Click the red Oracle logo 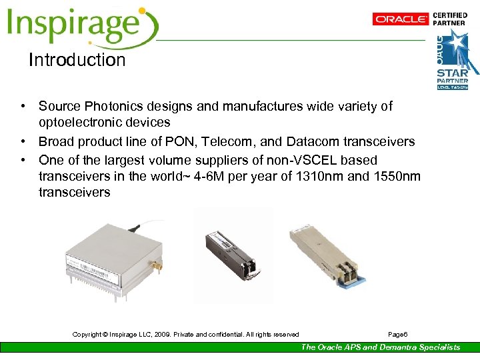(400, 19)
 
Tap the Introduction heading (77, 60)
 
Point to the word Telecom (248, 141)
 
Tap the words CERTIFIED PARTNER (450, 19)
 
